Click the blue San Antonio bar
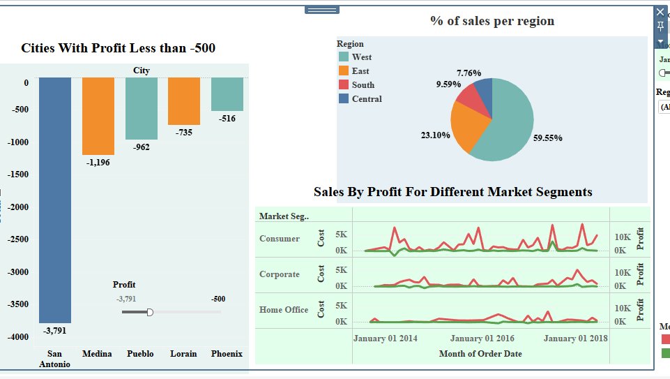pos(55,199)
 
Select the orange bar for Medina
pos(98,115)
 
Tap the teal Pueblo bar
pos(142,108)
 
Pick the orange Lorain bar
pos(184,101)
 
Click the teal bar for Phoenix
pos(227,94)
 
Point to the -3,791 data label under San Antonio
pos(55,330)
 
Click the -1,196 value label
pos(98,162)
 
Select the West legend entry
pos(361,57)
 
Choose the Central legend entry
pos(366,99)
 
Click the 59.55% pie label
pos(547,138)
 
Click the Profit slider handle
pos(150,312)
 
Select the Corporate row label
pos(280,274)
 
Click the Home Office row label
pos(284,310)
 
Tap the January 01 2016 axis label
pos(482,339)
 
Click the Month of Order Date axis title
pos(480,353)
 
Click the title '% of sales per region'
pos(492,21)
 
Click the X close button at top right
pos(660,12)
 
